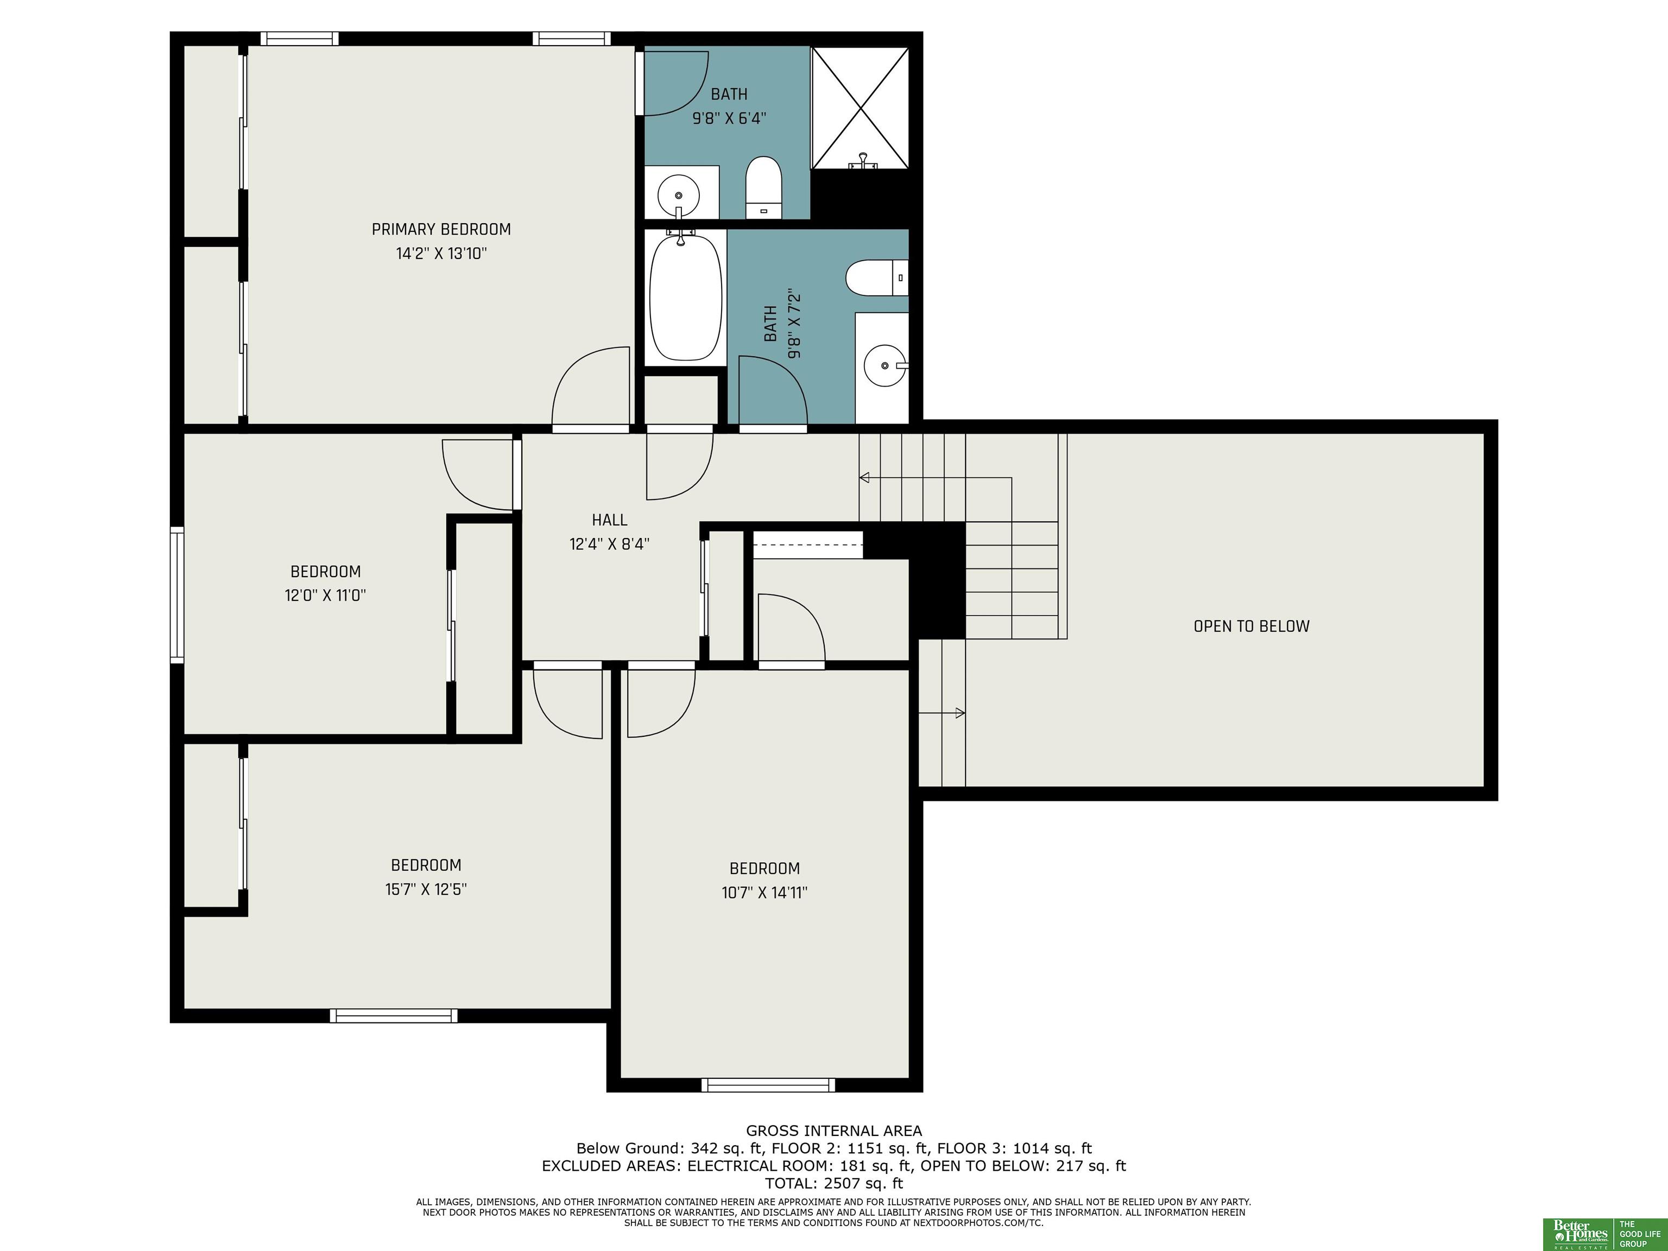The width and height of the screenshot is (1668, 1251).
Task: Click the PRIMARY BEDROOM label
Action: (441, 229)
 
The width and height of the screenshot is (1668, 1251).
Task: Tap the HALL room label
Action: (609, 520)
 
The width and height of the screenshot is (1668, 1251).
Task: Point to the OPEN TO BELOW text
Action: (1252, 626)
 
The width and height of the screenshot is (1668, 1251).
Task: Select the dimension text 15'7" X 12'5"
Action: (426, 889)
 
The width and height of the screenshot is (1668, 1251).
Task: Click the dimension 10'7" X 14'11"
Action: (764, 893)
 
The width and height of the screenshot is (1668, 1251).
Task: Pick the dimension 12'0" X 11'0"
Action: (325, 595)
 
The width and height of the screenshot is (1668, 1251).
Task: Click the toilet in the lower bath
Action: (877, 277)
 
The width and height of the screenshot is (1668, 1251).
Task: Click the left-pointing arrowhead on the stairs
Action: (864, 477)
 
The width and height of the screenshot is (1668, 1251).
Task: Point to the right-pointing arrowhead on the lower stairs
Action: (960, 712)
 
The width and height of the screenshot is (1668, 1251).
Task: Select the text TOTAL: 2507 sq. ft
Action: (834, 1183)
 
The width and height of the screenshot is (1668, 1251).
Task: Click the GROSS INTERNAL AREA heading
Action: (834, 1130)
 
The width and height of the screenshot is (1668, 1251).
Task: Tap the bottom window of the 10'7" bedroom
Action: (768, 1085)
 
